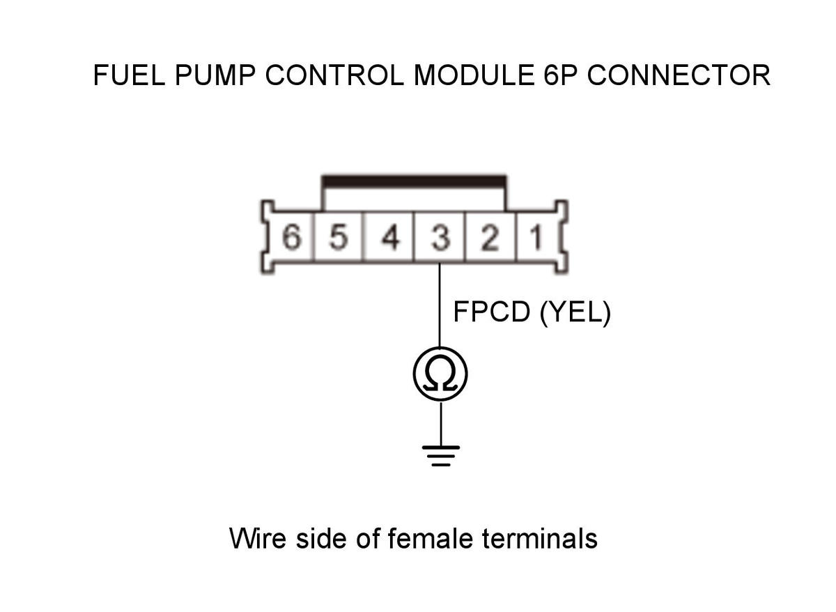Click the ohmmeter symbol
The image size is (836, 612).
point(440,374)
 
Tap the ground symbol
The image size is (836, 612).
point(441,456)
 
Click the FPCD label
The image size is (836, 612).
point(492,312)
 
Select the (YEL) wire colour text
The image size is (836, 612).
point(575,312)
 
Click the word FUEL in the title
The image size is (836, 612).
point(129,75)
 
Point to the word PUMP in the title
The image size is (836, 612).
point(215,75)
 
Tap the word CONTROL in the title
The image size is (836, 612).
point(334,75)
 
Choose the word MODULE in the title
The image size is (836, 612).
point(474,75)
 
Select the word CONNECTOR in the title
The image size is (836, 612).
point(679,75)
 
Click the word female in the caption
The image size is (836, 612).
point(431,538)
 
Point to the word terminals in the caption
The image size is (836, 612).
point(540,538)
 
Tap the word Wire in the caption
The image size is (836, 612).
point(258,538)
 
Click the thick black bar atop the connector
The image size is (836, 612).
point(414,181)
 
